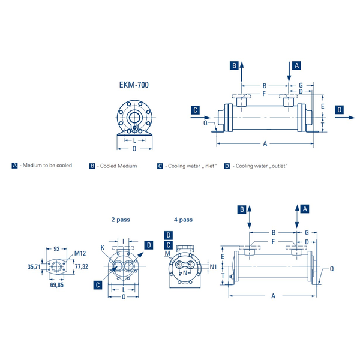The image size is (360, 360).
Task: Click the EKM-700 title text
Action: [134, 85]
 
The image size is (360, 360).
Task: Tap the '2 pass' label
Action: [121, 220]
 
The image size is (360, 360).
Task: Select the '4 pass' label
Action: [183, 220]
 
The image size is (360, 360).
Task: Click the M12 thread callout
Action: [80, 253]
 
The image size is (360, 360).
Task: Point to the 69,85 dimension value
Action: [57, 285]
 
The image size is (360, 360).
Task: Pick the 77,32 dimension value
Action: [82, 266]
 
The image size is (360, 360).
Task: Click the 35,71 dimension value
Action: [34, 267]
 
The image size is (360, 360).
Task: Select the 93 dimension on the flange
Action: [56, 249]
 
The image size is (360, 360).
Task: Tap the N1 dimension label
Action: [213, 266]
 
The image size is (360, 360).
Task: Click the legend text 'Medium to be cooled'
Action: [47, 166]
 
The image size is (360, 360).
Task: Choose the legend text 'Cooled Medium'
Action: [118, 166]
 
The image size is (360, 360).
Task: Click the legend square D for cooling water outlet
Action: [227, 166]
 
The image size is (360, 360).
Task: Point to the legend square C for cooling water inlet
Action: [160, 166]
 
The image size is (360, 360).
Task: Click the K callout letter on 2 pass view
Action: [103, 247]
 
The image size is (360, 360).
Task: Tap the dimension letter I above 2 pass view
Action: [123, 241]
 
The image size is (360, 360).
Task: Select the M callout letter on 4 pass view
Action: [167, 253]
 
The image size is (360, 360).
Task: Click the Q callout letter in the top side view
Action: [205, 123]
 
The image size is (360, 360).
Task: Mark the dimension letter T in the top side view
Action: [323, 125]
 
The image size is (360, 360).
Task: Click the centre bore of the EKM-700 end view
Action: [134, 118]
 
